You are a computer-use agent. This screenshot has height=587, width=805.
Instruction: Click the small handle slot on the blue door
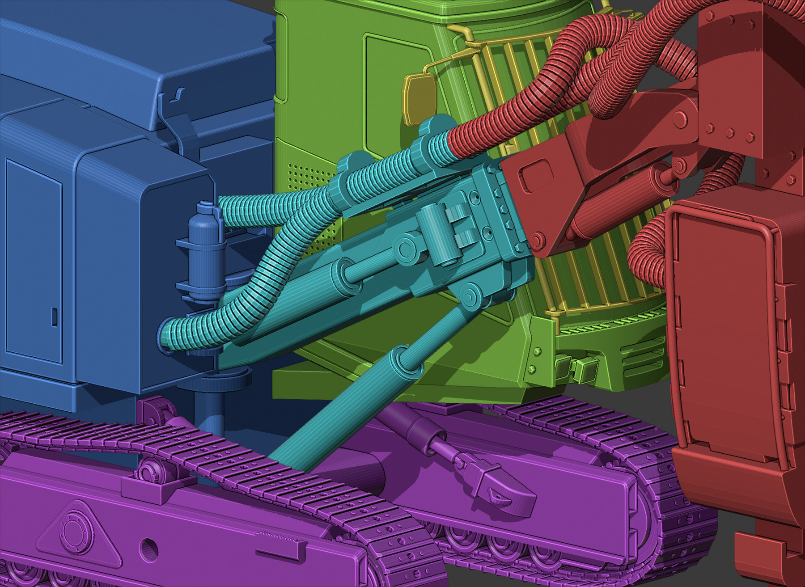point(54,317)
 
